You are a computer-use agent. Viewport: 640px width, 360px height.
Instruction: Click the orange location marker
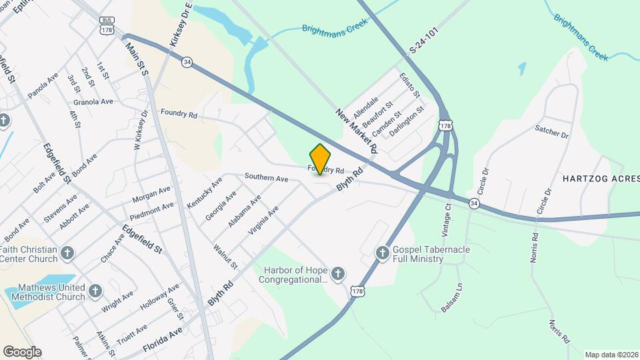[x=321, y=159]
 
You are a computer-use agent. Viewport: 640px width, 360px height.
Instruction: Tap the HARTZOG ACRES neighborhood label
[x=600, y=179]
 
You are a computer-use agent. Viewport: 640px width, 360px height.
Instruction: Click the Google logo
[x=22, y=351]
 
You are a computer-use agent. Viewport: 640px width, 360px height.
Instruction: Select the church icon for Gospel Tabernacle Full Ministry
[x=382, y=253]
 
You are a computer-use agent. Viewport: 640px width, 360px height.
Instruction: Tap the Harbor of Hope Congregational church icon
[x=338, y=273]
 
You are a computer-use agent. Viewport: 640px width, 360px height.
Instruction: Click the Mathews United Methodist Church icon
[x=95, y=291]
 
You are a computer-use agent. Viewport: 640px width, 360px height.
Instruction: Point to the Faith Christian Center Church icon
[x=67, y=253]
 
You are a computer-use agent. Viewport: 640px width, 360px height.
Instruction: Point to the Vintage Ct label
[x=447, y=220]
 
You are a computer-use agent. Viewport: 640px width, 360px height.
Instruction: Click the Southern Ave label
[x=266, y=178]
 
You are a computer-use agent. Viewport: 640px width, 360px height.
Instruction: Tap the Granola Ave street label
[x=93, y=102]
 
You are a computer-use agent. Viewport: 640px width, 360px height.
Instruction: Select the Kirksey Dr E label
[x=181, y=24]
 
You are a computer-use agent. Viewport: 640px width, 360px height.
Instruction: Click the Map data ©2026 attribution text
[x=611, y=355]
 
